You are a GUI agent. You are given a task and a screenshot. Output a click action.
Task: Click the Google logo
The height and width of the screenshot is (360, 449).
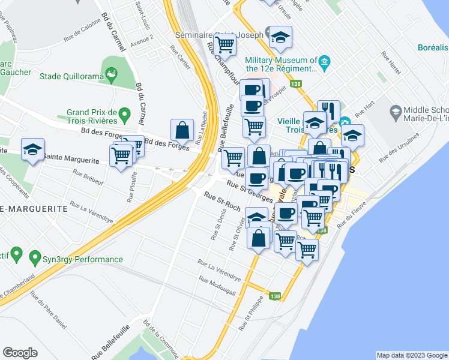[20, 353]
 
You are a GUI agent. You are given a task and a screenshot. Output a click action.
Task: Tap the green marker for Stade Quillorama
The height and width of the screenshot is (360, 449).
[111, 74]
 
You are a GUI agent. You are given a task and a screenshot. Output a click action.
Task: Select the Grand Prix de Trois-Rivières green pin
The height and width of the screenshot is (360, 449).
[124, 113]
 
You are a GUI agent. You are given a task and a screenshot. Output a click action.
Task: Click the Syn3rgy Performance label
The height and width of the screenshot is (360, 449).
[82, 259]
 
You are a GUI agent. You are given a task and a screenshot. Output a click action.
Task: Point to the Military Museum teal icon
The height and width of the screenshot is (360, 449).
[325, 61]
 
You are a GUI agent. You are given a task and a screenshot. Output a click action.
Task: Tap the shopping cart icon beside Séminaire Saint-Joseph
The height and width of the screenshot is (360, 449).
[225, 44]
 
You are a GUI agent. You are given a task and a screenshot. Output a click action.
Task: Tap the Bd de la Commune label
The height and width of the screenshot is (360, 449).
[161, 338]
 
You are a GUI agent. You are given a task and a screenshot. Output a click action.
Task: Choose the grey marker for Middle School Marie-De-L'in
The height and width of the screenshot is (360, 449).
[396, 112]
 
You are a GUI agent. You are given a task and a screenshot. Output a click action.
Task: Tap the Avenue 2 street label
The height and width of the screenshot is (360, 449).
[142, 37]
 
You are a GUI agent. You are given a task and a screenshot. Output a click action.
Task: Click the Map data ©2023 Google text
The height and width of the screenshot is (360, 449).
[411, 355]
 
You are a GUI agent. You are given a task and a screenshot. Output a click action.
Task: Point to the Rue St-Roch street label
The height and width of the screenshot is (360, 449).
[222, 202]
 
